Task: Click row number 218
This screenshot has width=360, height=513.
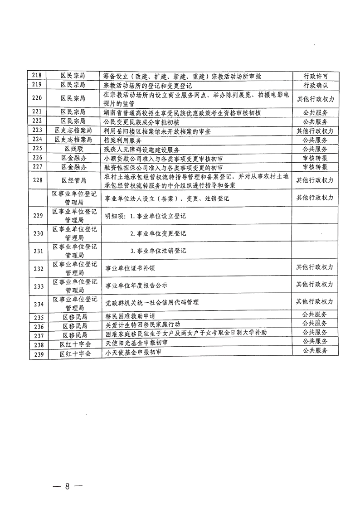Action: (38, 76)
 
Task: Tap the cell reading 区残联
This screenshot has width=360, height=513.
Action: (75, 149)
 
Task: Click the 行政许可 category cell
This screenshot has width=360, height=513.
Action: (315, 76)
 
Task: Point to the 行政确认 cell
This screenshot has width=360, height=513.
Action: (315, 85)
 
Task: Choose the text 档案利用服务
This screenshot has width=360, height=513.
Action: (124, 140)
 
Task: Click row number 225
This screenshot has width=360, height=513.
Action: (38, 149)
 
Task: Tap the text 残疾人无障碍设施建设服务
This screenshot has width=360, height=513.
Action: (143, 149)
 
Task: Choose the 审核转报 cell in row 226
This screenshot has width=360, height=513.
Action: (315, 158)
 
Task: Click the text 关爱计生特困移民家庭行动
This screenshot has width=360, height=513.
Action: (143, 325)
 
